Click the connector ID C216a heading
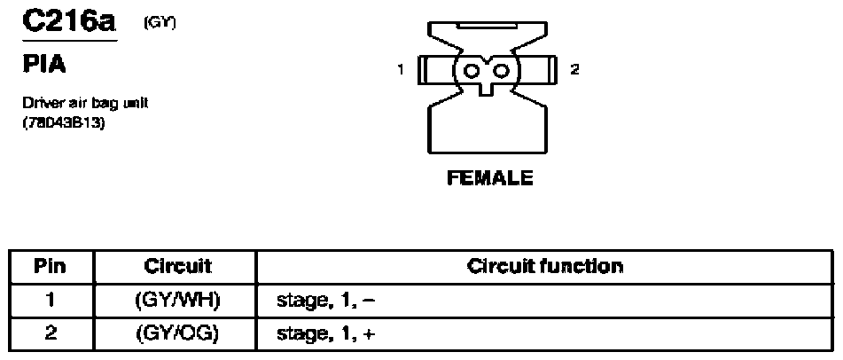click(69, 21)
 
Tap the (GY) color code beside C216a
click(160, 24)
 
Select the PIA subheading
click(44, 65)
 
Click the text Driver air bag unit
click(86, 103)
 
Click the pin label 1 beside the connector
click(401, 69)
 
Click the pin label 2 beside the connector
click(574, 69)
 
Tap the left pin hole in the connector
click(472, 71)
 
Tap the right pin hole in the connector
click(501, 71)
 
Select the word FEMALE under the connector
click(490, 177)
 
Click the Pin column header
click(50, 266)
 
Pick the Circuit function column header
click(544, 266)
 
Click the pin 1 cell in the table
click(50, 301)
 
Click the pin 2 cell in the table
click(50, 334)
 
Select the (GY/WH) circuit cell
click(176, 301)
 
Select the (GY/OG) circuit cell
click(176, 334)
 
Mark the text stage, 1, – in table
click(325, 301)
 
